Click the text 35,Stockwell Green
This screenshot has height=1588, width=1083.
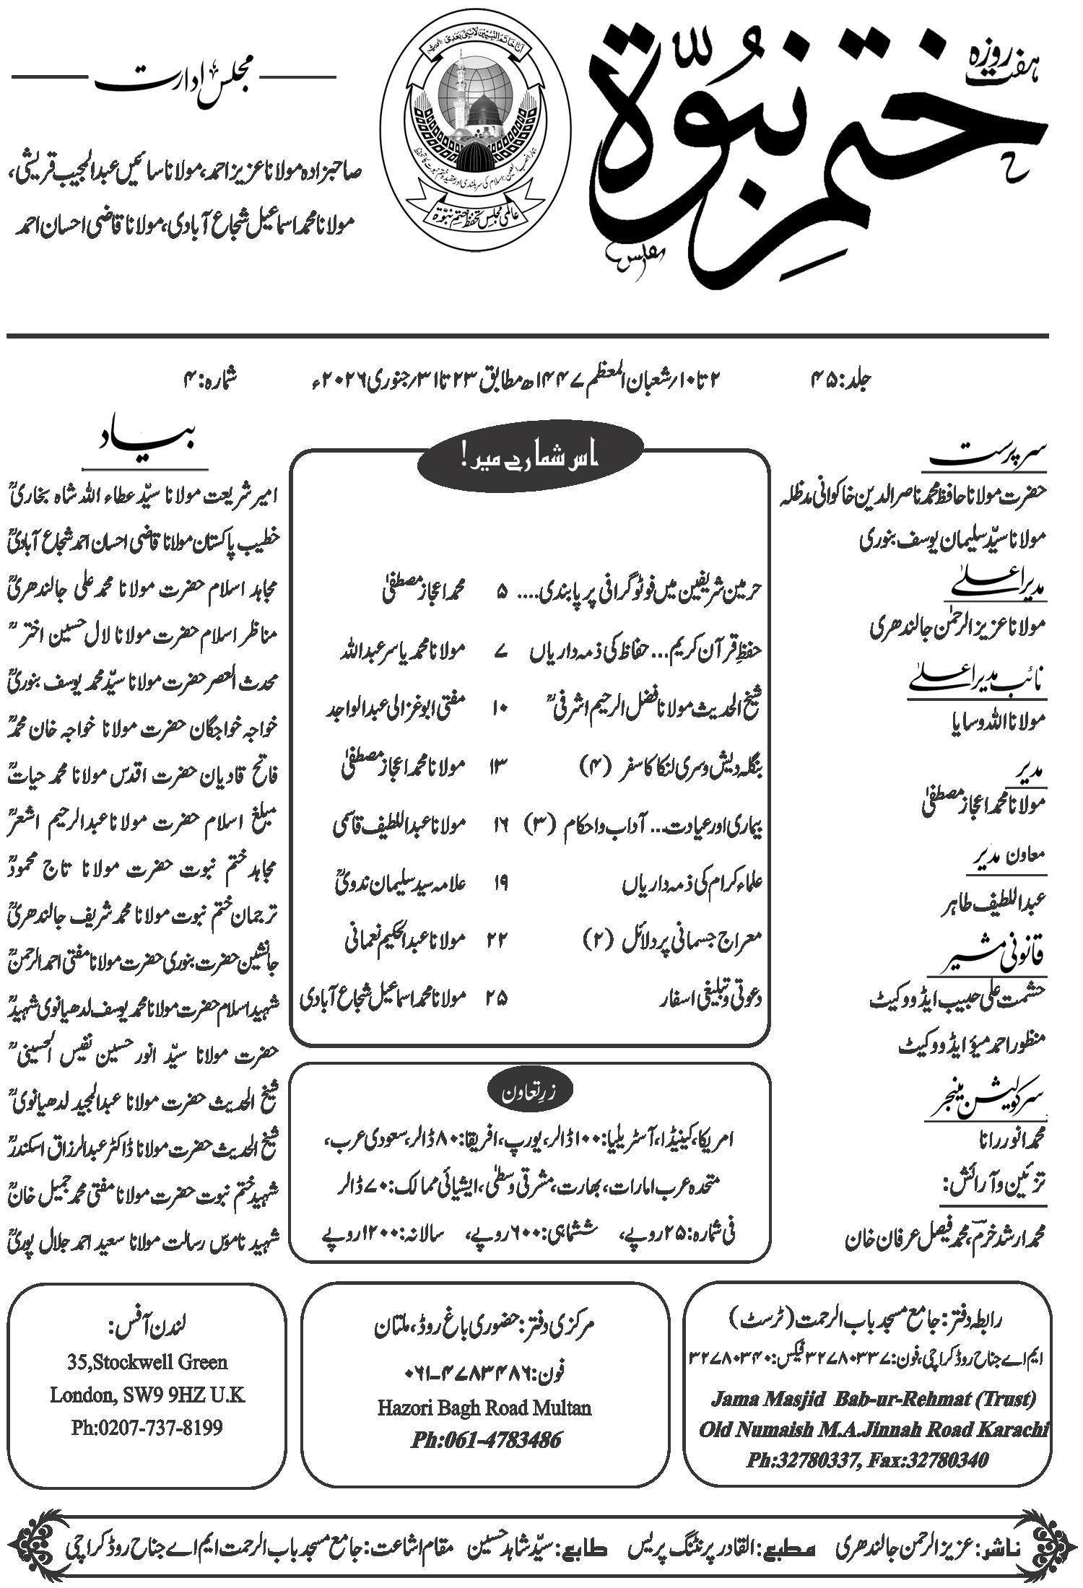coord(147,1362)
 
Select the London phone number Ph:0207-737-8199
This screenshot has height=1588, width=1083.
coord(147,1427)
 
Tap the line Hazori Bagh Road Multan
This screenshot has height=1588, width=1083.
coord(484,1408)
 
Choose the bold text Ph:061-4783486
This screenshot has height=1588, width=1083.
coord(486,1441)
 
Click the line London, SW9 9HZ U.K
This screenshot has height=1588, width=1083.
coord(147,1395)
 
